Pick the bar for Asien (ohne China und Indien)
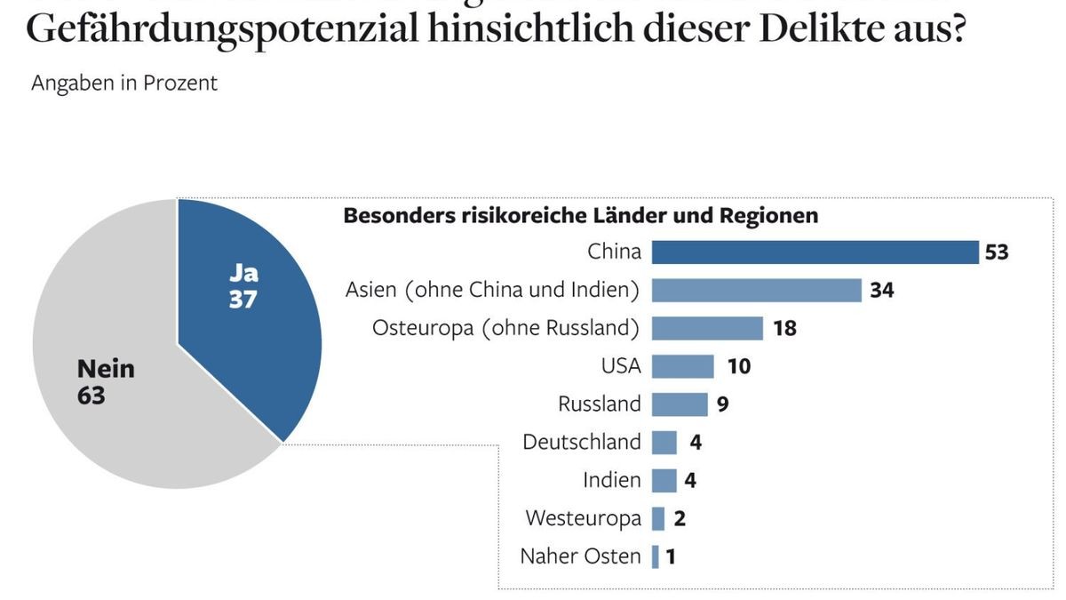[756, 290]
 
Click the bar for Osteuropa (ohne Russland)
[707, 328]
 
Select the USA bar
[682, 366]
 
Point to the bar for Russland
[680, 404]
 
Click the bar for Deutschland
[664, 442]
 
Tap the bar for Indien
[664, 480]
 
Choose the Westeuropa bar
[658, 518]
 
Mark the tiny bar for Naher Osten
[656, 556]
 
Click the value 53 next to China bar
[997, 252]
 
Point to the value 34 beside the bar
[881, 291]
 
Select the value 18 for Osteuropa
[784, 329]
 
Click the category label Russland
[599, 404]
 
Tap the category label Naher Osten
[580, 556]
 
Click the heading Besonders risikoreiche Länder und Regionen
[580, 216]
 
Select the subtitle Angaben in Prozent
[124, 83]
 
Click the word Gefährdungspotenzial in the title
[222, 28]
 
